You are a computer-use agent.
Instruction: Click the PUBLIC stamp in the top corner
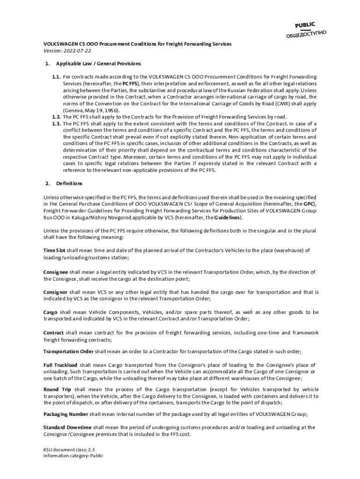pyautogui.click(x=305, y=25)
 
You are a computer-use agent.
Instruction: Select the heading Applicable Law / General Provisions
pyautogui.click(x=98, y=64)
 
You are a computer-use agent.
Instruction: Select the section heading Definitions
pyautogui.click(x=69, y=183)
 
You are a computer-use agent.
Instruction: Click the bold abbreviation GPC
pyautogui.click(x=309, y=204)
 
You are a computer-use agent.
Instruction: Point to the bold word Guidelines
pyautogui.click(x=227, y=218)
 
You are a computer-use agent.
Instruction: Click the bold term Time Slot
pyautogui.click(x=54, y=251)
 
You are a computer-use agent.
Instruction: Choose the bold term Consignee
pyautogui.click(x=56, y=272)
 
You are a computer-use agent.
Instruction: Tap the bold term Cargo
pyautogui.click(x=50, y=312)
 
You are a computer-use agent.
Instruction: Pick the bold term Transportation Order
pyautogui.click(x=68, y=352)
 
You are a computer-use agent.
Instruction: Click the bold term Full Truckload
pyautogui.click(x=60, y=365)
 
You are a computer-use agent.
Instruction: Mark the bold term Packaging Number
pyautogui.click(x=65, y=414)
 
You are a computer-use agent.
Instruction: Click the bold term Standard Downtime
pyautogui.click(x=67, y=428)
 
